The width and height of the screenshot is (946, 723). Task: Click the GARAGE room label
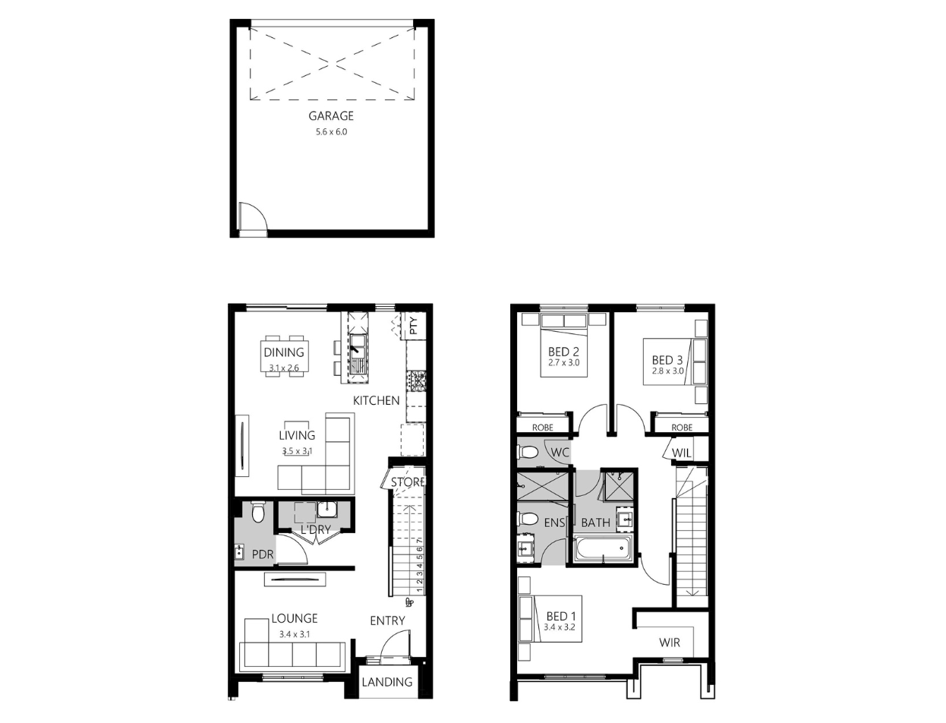(330, 115)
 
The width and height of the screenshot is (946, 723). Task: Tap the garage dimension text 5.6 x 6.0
(331, 132)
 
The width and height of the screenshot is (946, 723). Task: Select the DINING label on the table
(284, 352)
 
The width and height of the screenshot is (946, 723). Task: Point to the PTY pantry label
(413, 326)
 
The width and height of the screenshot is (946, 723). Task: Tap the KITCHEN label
(377, 400)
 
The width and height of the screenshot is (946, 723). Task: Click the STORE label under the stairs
(408, 481)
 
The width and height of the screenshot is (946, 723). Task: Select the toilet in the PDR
(257, 511)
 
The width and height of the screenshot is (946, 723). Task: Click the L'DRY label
(316, 529)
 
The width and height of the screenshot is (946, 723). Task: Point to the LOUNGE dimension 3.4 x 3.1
(295, 634)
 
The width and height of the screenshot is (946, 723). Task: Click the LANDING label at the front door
(386, 682)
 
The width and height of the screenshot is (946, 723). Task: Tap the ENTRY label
(387, 620)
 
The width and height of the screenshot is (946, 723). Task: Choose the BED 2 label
(563, 352)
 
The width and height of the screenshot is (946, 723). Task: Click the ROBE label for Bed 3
(682, 428)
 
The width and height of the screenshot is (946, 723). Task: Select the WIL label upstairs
(681, 453)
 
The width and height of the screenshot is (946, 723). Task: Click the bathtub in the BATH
(603, 548)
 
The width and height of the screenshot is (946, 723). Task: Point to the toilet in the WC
(528, 452)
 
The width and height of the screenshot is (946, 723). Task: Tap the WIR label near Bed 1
(670, 642)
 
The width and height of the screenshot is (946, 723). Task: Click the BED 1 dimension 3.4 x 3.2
(560, 627)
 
